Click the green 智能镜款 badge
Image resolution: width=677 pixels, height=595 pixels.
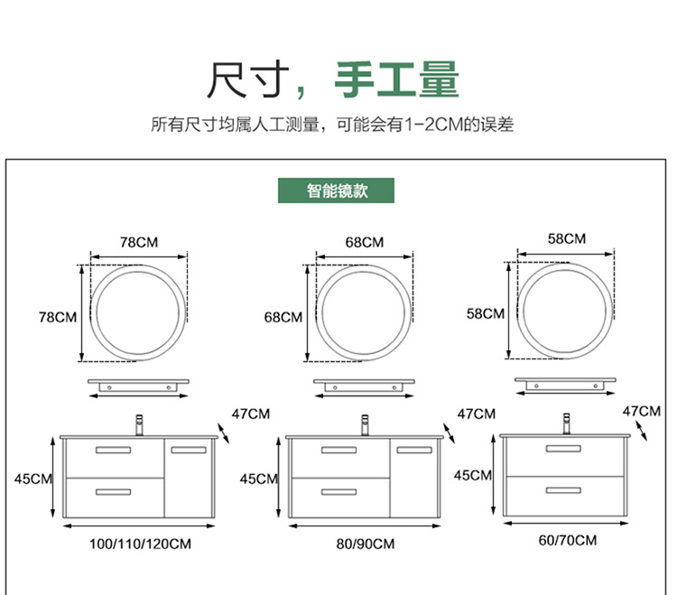[x=337, y=191]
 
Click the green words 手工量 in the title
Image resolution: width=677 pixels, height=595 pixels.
[x=397, y=80]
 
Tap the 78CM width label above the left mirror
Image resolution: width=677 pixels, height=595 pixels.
[x=140, y=242]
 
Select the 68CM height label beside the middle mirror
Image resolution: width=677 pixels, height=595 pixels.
[x=283, y=317]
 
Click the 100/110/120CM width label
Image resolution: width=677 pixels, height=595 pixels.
[x=140, y=544]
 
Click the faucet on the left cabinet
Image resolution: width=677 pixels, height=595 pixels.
[x=140, y=424]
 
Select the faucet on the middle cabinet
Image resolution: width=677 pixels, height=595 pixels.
[x=365, y=424]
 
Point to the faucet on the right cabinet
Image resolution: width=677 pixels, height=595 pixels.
[x=566, y=422]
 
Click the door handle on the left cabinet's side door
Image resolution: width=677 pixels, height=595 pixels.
[x=189, y=450]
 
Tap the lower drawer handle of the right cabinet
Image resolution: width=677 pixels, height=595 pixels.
[x=563, y=488]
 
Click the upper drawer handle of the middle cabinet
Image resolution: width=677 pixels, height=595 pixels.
[x=338, y=450]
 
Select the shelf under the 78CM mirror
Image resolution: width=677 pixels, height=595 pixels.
[x=140, y=387]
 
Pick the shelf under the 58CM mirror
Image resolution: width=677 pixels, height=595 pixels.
[x=566, y=385]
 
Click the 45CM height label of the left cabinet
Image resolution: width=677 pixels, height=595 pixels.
[x=33, y=479]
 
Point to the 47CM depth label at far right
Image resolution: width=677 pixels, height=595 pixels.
[x=642, y=411]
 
